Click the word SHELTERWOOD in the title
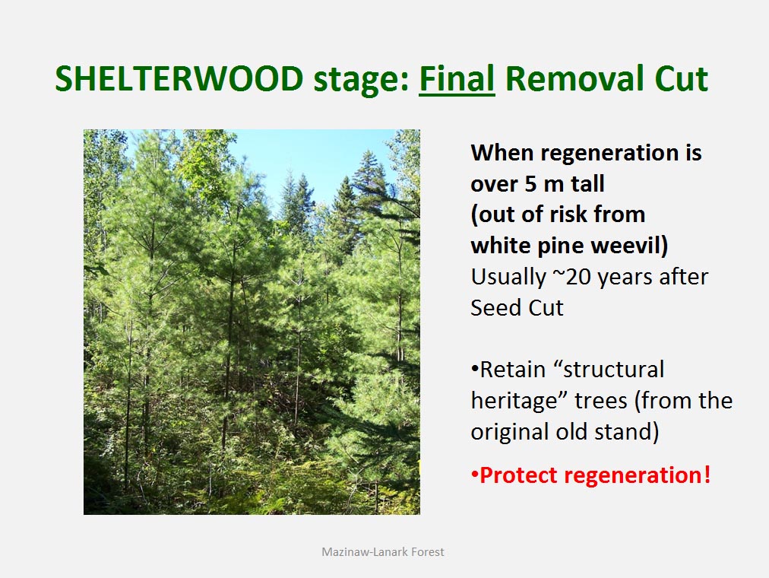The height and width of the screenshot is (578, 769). click(x=179, y=79)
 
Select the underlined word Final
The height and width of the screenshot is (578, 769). click(x=457, y=78)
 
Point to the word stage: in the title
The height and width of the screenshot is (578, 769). click(x=362, y=81)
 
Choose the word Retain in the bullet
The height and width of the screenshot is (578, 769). click(x=512, y=370)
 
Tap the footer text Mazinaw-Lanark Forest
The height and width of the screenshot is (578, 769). click(x=382, y=552)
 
